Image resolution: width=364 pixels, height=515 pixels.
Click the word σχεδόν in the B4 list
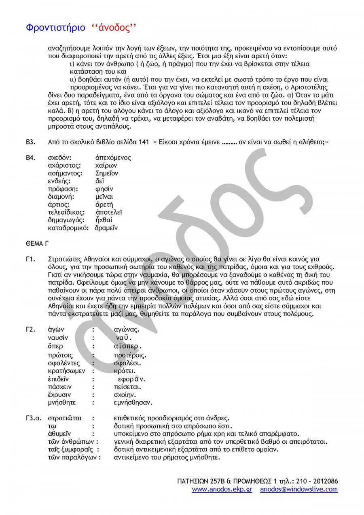59,158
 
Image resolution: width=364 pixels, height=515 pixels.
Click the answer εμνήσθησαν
133,402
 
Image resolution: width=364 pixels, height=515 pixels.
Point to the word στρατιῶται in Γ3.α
64,418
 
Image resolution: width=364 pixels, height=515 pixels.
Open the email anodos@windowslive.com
299,489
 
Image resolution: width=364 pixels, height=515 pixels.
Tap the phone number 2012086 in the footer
324,481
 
